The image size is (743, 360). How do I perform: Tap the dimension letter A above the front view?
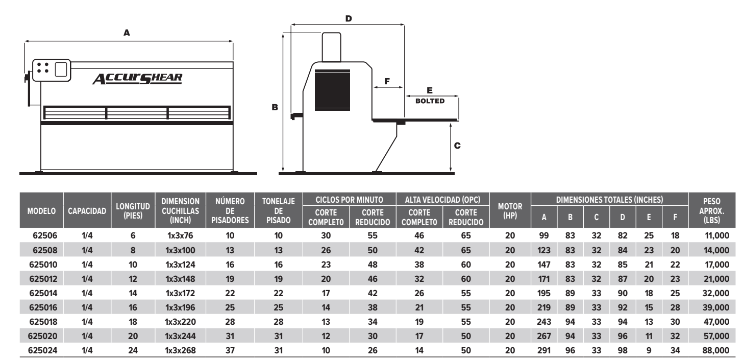point(127,32)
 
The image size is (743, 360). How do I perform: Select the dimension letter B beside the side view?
point(275,108)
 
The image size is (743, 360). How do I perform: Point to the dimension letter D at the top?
point(349,18)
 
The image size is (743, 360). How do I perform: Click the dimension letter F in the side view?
point(386,81)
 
